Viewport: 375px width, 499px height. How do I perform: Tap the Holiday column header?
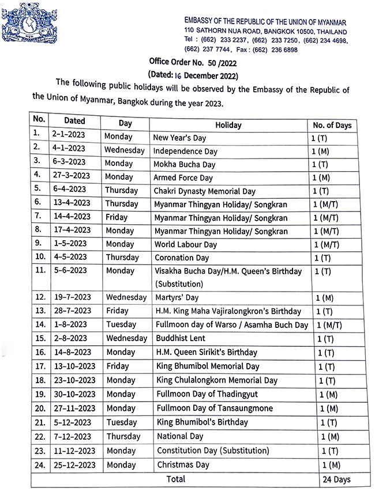pyautogui.click(x=228, y=125)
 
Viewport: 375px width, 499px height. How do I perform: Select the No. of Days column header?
pyautogui.click(x=332, y=125)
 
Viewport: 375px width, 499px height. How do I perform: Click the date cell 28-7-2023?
pyautogui.click(x=73, y=311)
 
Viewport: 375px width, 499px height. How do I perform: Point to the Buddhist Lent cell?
pyautogui.click(x=179, y=338)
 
